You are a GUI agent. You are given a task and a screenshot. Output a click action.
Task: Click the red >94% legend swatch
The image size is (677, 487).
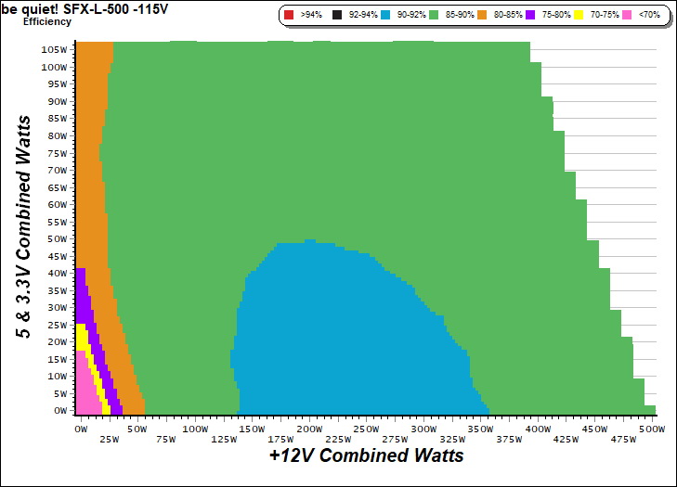pyautogui.click(x=288, y=15)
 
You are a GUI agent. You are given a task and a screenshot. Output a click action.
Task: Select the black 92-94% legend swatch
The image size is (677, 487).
pyautogui.click(x=340, y=15)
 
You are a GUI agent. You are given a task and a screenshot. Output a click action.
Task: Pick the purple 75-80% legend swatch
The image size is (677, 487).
pyautogui.click(x=530, y=15)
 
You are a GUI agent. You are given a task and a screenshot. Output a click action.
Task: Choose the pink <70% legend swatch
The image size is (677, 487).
pyautogui.click(x=628, y=15)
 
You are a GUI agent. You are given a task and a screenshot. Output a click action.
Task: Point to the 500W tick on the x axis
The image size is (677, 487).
pyautogui.click(x=652, y=429)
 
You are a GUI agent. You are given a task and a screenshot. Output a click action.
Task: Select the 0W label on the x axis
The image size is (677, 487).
pyautogui.click(x=81, y=429)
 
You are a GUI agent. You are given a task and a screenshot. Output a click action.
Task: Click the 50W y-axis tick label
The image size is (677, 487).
pyautogui.click(x=58, y=238)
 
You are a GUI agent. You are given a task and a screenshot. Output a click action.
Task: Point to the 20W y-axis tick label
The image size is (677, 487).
pyautogui.click(x=58, y=341)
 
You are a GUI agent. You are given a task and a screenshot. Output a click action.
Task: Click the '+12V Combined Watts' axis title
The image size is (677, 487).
pyautogui.click(x=366, y=456)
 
